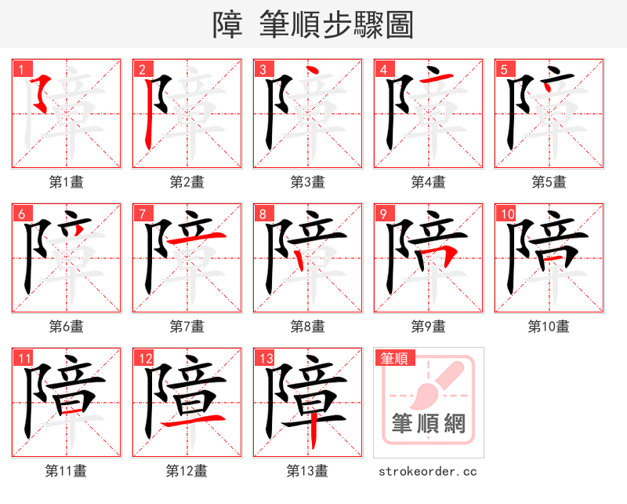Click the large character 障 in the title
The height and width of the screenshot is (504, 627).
point(227,25)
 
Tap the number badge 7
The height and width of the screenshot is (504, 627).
point(142,214)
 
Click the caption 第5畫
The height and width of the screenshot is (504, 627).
point(549,182)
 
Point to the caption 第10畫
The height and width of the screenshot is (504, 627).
point(549,326)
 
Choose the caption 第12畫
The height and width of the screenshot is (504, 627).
point(187,471)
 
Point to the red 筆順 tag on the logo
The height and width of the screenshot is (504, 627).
point(393,359)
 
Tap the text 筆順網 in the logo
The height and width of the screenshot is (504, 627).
point(428,425)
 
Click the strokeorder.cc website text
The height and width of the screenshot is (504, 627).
point(428,472)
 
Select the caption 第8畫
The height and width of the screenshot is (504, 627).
point(307,326)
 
